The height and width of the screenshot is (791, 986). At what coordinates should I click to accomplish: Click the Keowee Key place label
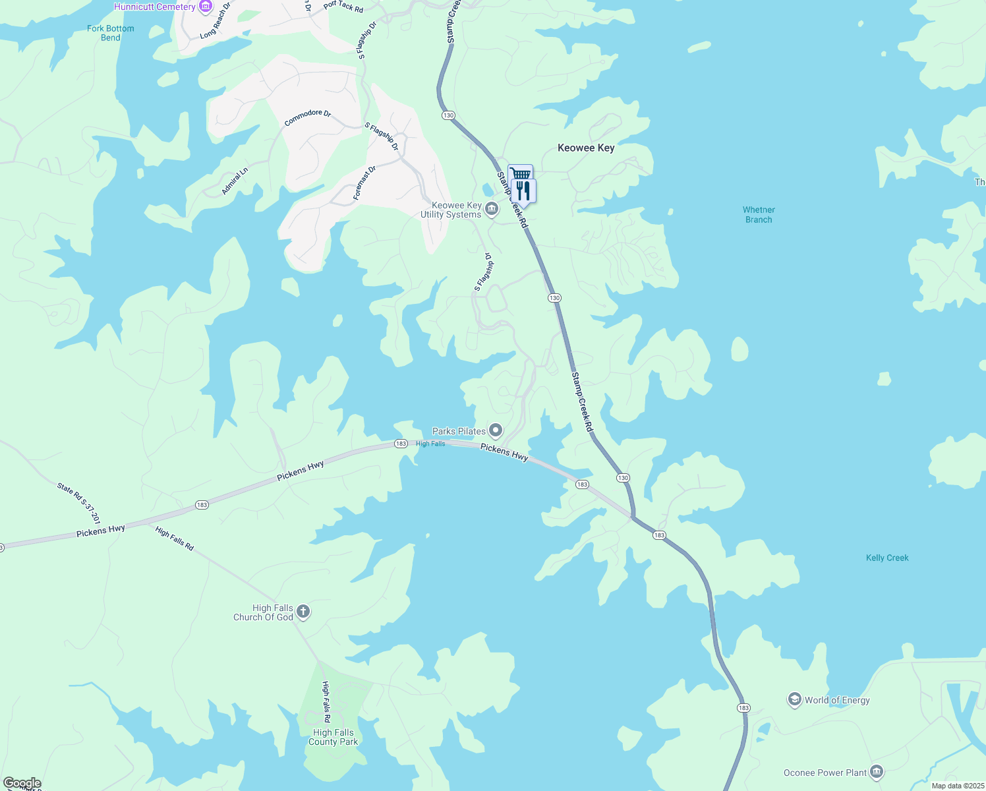point(586,148)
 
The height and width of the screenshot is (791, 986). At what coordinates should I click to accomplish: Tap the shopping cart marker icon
point(520,173)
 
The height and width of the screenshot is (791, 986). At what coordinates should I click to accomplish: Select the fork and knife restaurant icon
point(523,191)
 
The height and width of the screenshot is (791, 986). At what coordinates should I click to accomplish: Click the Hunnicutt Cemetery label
point(155,7)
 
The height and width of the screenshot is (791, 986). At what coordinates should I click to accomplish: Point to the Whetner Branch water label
point(759,215)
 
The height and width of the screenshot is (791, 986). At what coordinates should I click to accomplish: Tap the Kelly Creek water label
point(887,558)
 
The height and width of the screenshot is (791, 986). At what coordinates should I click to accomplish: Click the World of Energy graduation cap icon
point(795,700)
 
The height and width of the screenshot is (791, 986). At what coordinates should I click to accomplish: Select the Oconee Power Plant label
point(825,773)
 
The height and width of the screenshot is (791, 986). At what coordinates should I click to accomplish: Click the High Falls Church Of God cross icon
point(303,612)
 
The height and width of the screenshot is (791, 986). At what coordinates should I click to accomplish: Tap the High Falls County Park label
point(333,737)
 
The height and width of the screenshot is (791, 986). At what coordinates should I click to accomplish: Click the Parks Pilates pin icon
point(496,431)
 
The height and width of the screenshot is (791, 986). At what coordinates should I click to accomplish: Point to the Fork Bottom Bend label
point(111,33)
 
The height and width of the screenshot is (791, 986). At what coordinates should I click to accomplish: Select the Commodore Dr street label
point(307,117)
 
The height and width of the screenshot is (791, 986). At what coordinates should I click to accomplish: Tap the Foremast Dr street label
point(364,183)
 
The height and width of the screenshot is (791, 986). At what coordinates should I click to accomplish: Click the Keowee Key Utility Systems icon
point(492,210)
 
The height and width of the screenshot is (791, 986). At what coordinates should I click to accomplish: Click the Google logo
point(22,783)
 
